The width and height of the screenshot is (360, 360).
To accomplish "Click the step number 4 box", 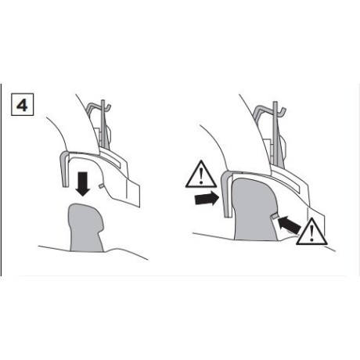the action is pos(22,104).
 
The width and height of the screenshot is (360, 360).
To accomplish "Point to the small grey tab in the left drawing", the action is pos(101,185).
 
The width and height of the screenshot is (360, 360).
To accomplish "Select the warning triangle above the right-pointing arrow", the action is pos(201,174).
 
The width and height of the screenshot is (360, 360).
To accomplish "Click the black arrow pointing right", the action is pos(207,199).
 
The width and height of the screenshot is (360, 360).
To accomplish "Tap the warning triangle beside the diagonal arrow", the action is pos(311,232).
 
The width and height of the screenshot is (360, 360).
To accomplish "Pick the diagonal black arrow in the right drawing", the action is pos(289,225).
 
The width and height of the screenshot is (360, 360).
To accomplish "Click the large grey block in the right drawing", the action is pos(254,210).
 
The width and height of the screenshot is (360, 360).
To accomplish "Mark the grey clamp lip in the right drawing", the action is pos(226,193).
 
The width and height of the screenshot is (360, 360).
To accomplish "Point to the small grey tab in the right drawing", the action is pos(275,216).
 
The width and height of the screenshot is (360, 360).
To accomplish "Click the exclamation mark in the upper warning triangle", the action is pos(201,176).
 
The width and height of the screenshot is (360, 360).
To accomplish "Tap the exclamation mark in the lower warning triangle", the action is pos(311,233).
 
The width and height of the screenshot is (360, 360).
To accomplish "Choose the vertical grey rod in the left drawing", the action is pos(104,125).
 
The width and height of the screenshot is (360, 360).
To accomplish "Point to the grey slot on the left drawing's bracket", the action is pos(110,160).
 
